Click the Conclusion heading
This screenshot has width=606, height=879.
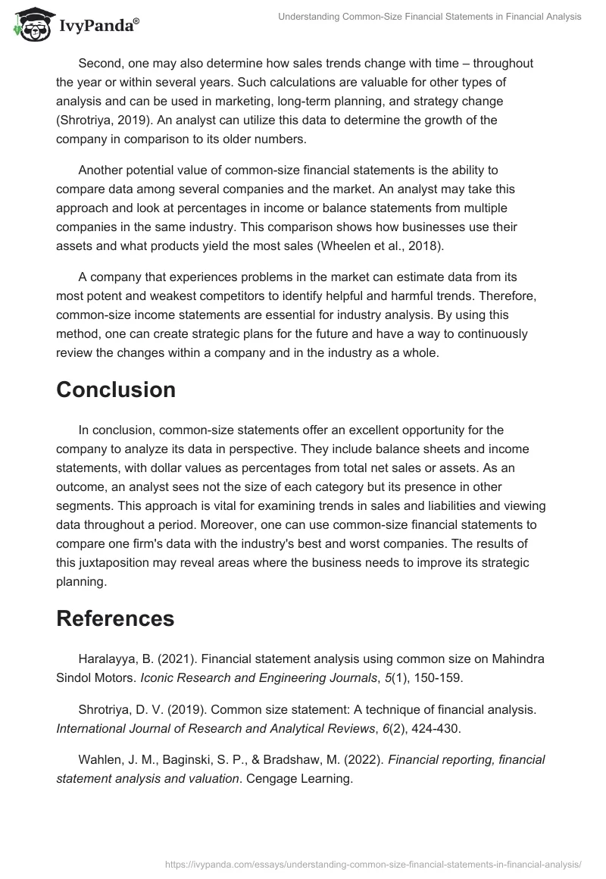pyautogui.click(x=116, y=389)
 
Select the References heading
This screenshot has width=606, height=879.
pyautogui.click(x=115, y=618)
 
